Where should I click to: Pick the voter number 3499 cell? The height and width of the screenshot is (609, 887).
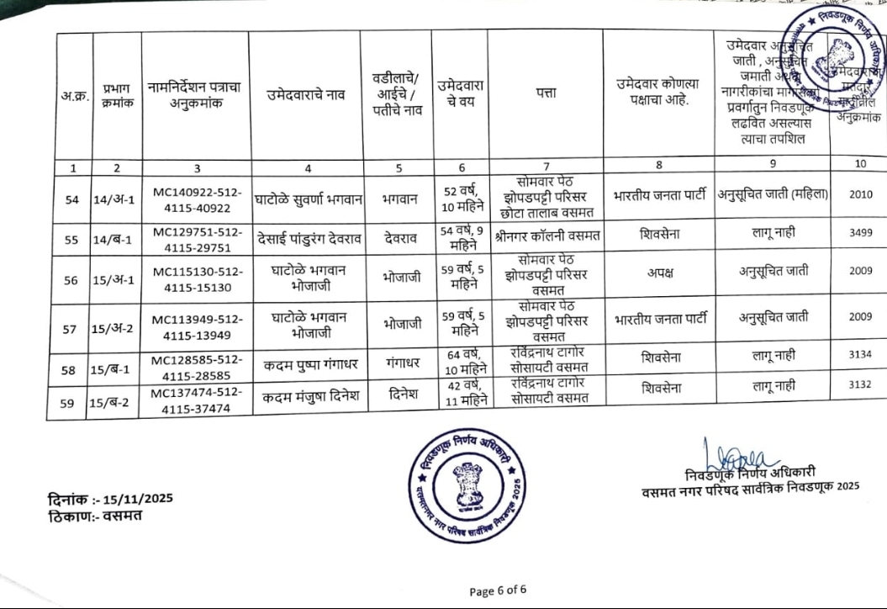click(860, 233)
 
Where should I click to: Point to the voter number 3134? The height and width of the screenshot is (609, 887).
click(860, 354)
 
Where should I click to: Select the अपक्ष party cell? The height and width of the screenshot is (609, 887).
click(657, 274)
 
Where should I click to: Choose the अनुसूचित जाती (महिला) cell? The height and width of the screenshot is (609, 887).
click(773, 194)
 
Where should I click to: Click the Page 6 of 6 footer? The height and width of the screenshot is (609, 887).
click(499, 590)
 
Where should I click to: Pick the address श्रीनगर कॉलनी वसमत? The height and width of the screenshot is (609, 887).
click(546, 236)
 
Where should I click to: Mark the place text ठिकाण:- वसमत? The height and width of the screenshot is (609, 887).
click(94, 515)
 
